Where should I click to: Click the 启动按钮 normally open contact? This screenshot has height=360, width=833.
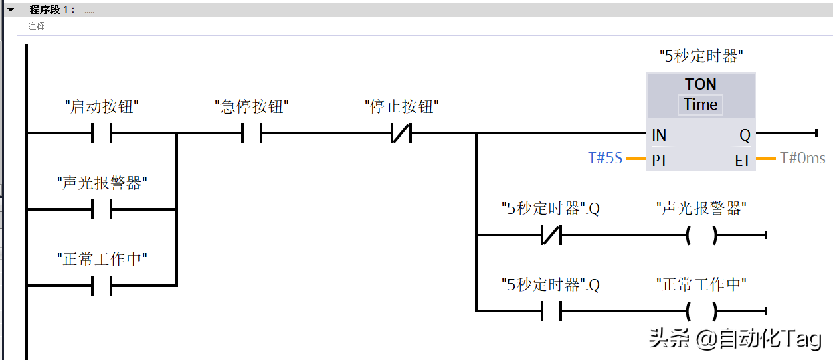click(102, 132)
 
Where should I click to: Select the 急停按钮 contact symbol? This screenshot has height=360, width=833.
click(252, 132)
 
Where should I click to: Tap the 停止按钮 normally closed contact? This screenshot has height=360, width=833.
click(401, 132)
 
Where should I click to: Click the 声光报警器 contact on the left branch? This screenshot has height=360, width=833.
click(102, 209)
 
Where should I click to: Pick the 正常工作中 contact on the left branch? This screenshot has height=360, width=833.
click(102, 286)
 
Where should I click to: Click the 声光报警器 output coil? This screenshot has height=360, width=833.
click(701, 235)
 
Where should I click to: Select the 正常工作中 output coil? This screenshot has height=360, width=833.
click(701, 311)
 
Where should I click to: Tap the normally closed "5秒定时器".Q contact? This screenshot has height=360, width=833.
click(551, 235)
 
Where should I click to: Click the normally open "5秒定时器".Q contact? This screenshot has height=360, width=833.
click(551, 311)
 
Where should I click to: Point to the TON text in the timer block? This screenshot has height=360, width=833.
click(701, 84)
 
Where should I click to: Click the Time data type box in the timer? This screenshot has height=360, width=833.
click(701, 105)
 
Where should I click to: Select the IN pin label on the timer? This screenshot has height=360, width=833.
click(659, 135)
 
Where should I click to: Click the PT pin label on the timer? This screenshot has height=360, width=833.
click(660, 161)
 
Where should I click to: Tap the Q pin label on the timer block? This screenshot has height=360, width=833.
click(745, 135)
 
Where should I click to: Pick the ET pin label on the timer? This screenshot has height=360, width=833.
click(743, 161)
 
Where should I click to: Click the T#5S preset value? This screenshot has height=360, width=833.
click(605, 158)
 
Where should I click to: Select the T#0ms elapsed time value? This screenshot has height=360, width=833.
click(802, 158)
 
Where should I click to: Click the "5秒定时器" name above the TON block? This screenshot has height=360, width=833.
click(701, 56)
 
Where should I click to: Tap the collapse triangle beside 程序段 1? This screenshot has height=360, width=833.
click(11, 9)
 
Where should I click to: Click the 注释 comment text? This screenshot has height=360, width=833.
click(36, 26)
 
